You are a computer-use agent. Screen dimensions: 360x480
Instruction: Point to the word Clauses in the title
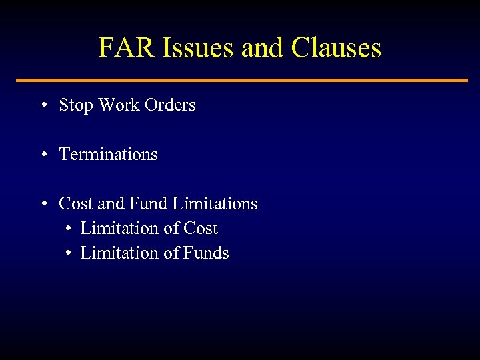point(336,47)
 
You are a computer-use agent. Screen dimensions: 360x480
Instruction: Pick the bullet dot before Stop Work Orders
point(42,105)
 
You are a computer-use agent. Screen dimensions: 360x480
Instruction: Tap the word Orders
point(170,105)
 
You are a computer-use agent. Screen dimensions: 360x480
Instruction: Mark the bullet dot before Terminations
point(42,155)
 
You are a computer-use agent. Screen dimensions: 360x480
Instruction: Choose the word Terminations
point(109,155)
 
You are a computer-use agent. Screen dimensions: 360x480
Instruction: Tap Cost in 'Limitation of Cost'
point(201,229)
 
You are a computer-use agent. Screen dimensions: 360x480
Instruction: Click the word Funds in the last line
point(207,253)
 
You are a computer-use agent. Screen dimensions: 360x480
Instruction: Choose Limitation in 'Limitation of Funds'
point(117,253)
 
